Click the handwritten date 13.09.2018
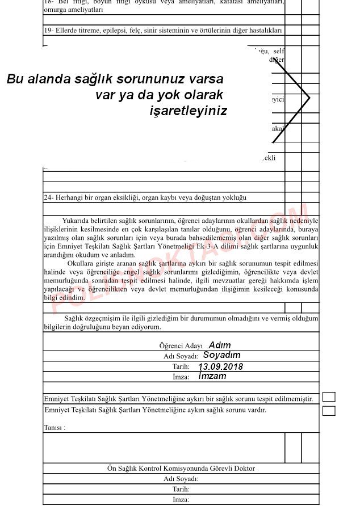coord(220,366)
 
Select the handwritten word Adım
coord(220,345)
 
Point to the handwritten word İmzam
coord(212,376)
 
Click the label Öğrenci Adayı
coord(181,345)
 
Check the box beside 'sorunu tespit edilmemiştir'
coord(329,397)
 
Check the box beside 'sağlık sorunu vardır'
coord(329,411)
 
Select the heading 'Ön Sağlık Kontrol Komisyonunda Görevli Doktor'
coord(181,469)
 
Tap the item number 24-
coord(48,197)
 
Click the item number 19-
coord(48,30)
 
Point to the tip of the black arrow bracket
coord(309,98)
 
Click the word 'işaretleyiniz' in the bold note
coord(188,111)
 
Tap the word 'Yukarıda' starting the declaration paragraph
coord(76,220)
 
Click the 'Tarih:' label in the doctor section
coord(181,489)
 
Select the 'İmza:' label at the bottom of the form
coord(181,499)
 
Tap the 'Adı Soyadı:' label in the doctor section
coord(181,479)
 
